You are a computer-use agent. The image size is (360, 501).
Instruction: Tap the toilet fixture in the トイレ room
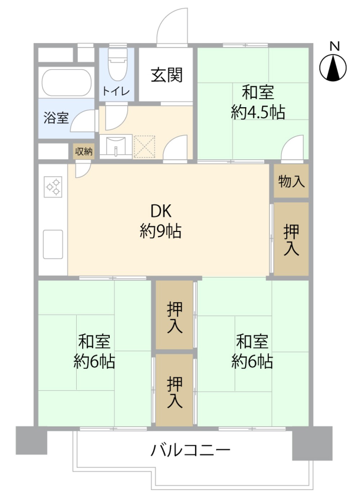coord(117,65)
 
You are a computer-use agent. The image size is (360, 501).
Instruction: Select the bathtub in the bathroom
coord(66,82)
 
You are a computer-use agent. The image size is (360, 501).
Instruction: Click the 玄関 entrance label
coord(167,75)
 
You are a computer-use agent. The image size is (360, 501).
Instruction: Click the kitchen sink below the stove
coord(53,244)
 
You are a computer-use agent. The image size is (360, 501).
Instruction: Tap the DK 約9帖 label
coord(161,221)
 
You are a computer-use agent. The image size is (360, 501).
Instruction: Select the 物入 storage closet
coord(291,181)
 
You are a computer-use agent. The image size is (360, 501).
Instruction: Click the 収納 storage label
coord(84,151)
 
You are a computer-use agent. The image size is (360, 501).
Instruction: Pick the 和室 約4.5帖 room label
coord(258,102)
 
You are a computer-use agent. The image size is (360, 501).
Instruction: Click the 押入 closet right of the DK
coord(291,239)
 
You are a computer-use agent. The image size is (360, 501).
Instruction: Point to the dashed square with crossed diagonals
coord(144,146)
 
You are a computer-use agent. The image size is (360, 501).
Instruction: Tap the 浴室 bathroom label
coord(56,118)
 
